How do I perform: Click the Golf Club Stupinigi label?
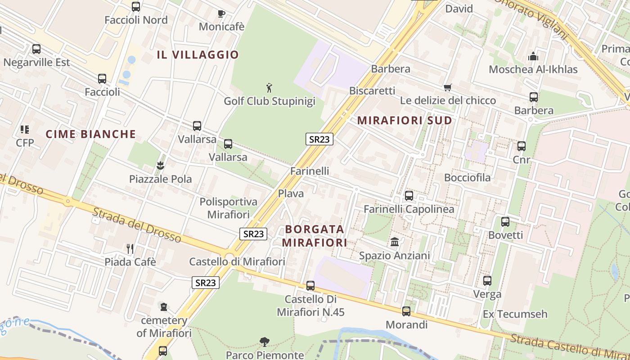[x=270, y=101]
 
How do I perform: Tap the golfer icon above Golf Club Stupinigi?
[x=269, y=87]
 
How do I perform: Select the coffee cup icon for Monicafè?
[x=221, y=13]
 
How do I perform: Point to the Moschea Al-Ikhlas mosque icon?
[x=533, y=56]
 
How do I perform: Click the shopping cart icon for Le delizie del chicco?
[x=447, y=87]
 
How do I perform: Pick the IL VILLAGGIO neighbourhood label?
[x=198, y=55]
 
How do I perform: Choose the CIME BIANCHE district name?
[x=91, y=134]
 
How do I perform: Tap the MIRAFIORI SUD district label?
[x=405, y=121]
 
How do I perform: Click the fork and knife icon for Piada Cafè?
[x=130, y=248]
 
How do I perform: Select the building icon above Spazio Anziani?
[x=395, y=242]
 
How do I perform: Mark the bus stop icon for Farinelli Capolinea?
[x=409, y=196]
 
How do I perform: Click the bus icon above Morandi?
[x=406, y=311]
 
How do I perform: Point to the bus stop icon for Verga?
[x=487, y=281]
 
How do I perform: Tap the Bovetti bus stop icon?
[x=505, y=221]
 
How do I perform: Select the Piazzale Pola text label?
[x=160, y=179]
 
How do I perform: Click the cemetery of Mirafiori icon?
[x=164, y=307]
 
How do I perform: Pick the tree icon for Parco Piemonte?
[x=265, y=342]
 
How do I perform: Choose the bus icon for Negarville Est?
[x=36, y=49]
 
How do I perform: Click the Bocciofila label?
[x=467, y=178]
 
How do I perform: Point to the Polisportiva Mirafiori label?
[x=229, y=208]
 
